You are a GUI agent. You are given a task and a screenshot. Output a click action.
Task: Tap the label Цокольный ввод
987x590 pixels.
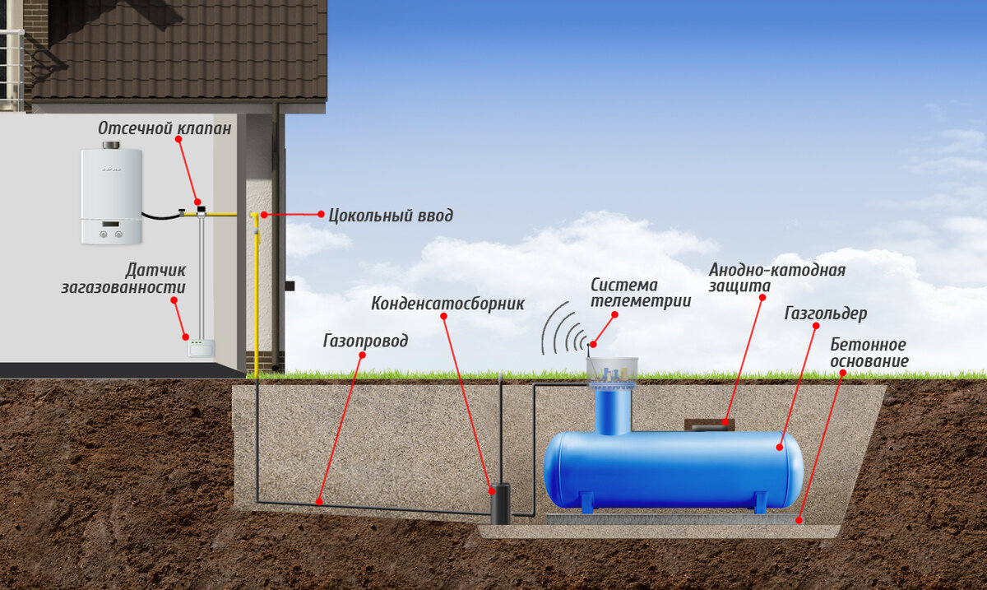(391, 216)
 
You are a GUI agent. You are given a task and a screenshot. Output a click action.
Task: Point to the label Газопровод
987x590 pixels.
(365, 340)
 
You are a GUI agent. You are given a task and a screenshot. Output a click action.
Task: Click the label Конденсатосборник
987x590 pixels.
(447, 303)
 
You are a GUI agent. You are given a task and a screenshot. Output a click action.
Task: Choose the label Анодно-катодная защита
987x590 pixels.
(776, 276)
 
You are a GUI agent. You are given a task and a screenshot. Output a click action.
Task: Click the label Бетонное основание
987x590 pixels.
(869, 352)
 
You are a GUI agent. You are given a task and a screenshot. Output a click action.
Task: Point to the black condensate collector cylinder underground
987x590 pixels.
(500, 503)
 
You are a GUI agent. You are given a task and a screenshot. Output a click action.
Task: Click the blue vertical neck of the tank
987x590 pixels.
(611, 411)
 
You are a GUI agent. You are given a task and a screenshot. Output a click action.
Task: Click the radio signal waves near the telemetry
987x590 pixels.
(563, 328)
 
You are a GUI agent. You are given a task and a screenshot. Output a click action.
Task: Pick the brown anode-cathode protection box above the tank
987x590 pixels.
(709, 424)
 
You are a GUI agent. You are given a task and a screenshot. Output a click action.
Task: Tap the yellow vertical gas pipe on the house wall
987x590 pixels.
(256, 296)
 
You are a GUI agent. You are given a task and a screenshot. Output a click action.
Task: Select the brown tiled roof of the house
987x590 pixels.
(181, 49)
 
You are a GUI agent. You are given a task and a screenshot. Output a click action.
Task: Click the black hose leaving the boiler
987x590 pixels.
(160, 217)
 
